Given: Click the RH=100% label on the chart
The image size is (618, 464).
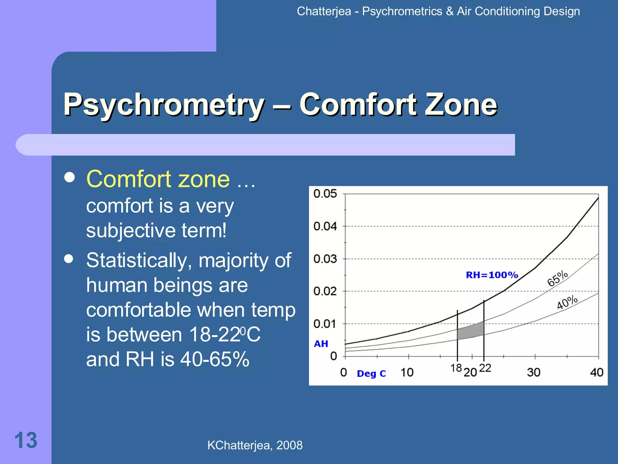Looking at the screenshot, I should coord(492,275).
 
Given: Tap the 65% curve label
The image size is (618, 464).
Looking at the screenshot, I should coord(558,278).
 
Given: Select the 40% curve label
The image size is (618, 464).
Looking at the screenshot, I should coord(567,302).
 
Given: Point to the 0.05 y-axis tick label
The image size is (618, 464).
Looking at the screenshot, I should coord(325,194).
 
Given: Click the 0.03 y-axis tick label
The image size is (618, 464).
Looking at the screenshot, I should coord(325,259).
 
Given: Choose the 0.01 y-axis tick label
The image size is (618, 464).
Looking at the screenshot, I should coord(325,324).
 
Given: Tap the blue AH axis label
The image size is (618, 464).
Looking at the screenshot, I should coord(321,344).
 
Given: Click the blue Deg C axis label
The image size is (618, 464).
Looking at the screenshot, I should coord(371,374).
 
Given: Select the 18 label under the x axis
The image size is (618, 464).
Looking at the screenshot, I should coord(456,368).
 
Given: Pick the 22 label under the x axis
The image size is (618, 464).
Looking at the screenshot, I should coord(485,368).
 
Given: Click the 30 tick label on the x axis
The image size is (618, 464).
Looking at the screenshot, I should coord(534,372).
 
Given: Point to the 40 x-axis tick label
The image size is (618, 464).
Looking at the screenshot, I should coord(597,372).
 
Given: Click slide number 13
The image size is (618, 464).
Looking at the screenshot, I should coord(26,440).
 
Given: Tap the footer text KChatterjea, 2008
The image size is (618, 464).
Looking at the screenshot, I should coord(255,445).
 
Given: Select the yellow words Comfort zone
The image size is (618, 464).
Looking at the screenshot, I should coord(158,179).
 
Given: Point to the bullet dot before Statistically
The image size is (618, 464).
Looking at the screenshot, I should coord(69,259).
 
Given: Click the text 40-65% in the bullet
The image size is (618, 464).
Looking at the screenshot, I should coord(215,359).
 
